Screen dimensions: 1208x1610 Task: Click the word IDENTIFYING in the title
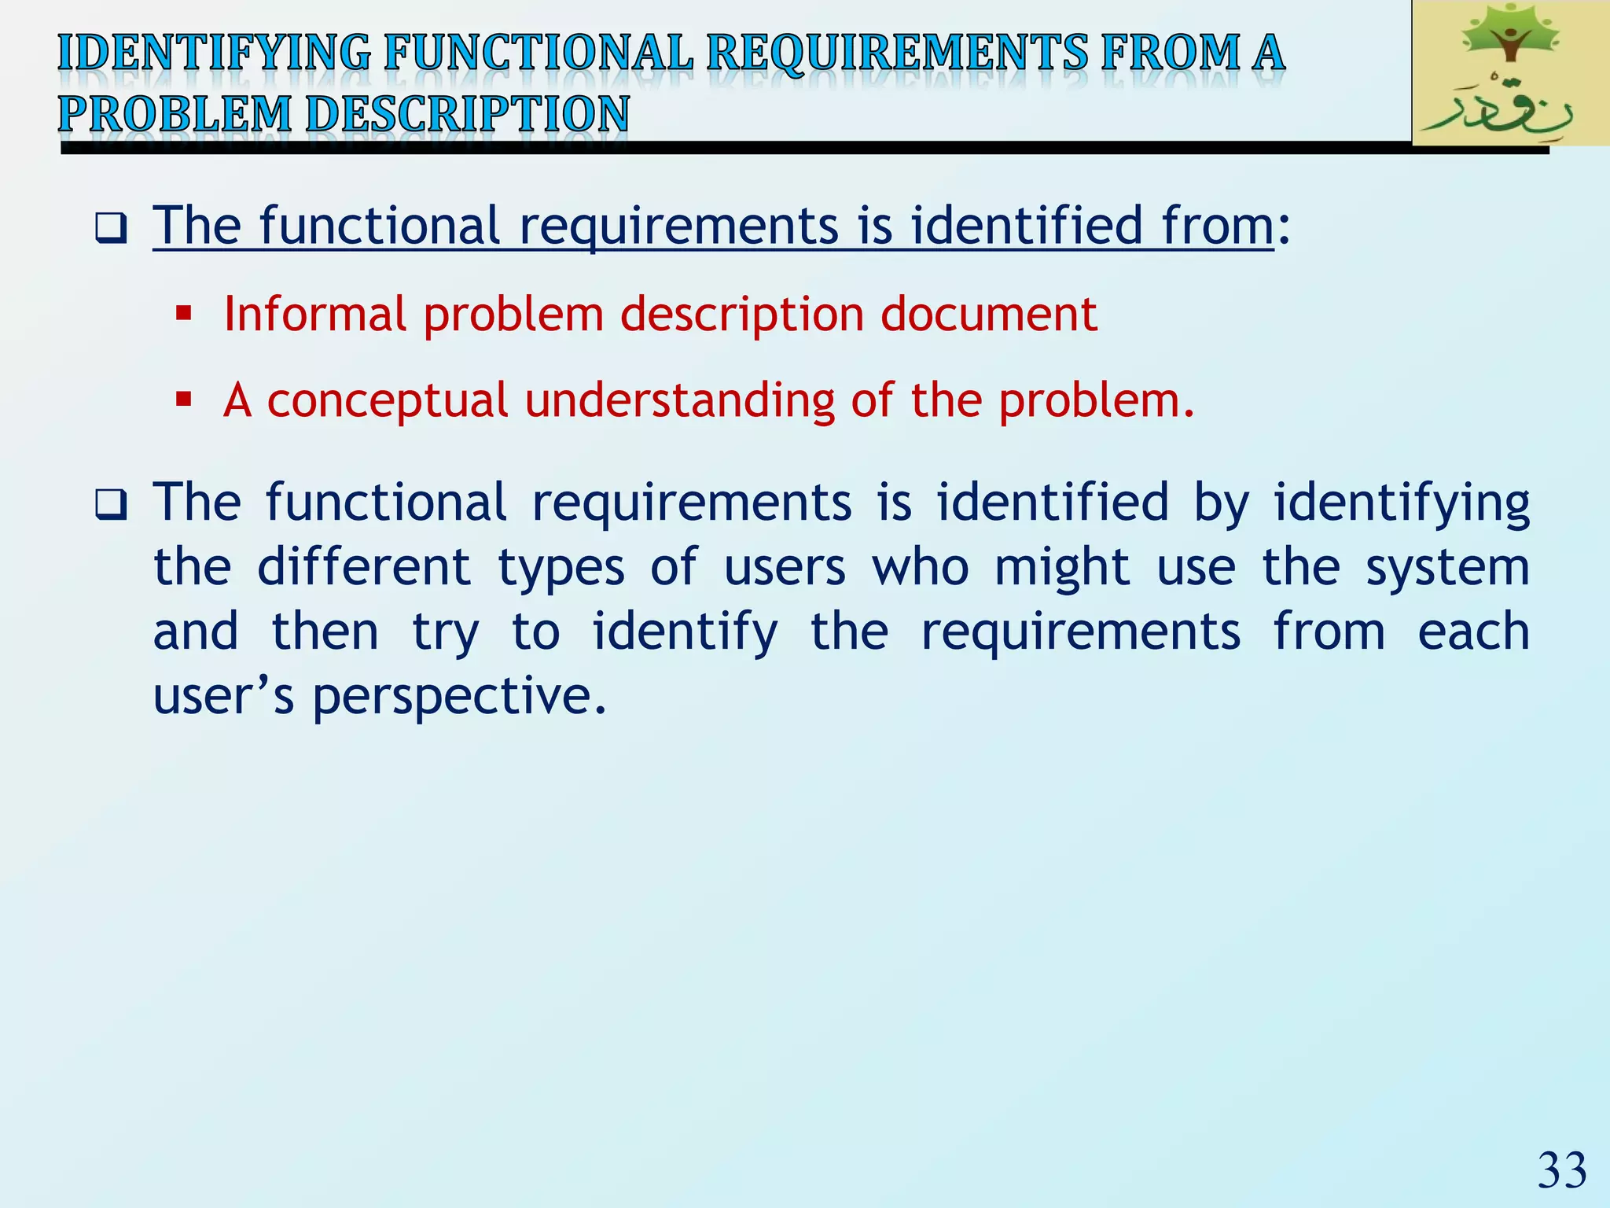tap(214, 53)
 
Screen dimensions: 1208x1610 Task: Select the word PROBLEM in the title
tap(175, 114)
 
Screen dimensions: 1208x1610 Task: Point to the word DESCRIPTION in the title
tap(467, 114)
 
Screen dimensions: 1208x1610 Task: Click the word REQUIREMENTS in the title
tap(897, 53)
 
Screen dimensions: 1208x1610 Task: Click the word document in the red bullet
tap(988, 315)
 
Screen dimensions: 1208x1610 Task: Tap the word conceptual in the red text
tap(388, 400)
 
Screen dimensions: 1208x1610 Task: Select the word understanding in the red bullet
tap(680, 400)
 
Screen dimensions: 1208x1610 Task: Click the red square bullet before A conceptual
tap(184, 400)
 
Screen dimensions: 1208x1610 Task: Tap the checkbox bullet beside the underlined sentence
tap(111, 229)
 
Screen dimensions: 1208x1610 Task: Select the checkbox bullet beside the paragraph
tap(111, 504)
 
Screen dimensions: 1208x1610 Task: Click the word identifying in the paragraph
tap(1401, 503)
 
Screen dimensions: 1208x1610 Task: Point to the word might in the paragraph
tap(1062, 568)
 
